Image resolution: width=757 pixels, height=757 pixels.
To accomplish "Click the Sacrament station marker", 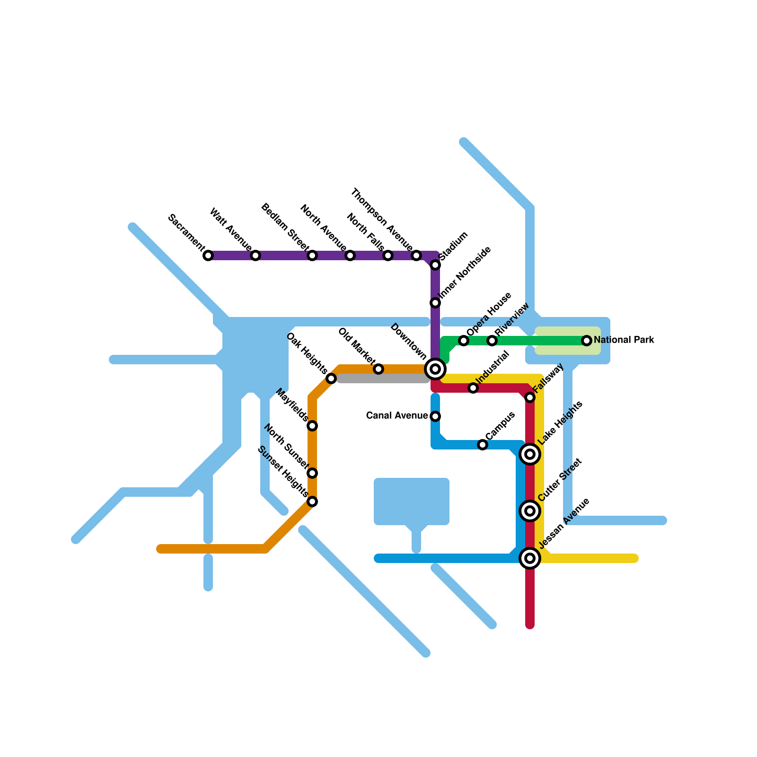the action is click(208, 255).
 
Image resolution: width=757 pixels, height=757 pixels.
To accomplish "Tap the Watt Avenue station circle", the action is click(255, 255).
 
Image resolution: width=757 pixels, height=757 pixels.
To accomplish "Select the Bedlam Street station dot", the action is click(312, 255).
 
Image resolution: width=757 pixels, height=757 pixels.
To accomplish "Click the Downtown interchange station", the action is click(435, 369).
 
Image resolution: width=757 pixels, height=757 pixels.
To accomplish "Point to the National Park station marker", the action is click(587, 341).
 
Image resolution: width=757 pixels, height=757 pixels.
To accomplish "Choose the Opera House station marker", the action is click(464, 341).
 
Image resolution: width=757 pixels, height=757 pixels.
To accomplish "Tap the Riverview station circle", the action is click(492, 341).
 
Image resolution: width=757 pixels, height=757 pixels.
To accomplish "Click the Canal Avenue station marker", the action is click(435, 416).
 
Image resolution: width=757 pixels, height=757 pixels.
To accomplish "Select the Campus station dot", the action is click(482, 445).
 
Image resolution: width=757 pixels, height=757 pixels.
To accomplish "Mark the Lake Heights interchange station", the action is click(530, 454).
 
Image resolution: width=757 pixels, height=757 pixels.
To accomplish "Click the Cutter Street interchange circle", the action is click(530, 511).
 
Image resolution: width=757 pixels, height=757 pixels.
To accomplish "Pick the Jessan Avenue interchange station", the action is click(530, 558).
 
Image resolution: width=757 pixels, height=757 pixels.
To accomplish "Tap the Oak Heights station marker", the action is click(331, 378).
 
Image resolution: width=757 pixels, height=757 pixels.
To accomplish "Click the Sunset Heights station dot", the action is click(312, 502).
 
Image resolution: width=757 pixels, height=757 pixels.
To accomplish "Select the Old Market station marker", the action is click(378, 369).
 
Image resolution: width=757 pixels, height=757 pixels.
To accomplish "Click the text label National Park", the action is click(624, 340).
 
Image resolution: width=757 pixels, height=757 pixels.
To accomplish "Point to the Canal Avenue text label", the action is click(397, 416).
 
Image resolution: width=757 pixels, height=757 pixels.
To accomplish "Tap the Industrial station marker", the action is click(473, 388).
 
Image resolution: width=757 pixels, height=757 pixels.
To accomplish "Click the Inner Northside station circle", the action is click(435, 303).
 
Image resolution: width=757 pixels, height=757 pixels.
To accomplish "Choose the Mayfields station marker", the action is click(312, 426).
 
